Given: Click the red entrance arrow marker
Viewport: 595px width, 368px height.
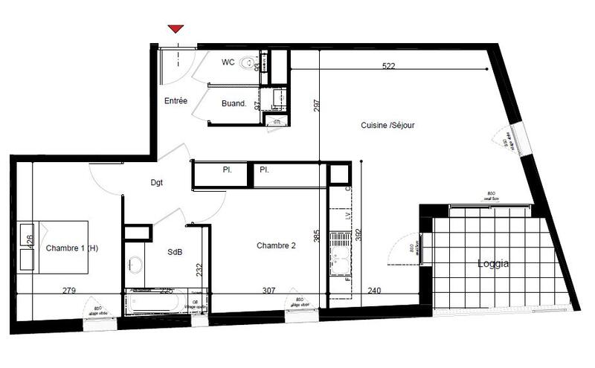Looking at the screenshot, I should click(176, 29).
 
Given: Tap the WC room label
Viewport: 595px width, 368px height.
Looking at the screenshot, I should click(228, 62).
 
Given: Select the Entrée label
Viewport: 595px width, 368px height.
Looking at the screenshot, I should click(176, 101).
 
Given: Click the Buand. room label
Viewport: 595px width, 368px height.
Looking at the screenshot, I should click(234, 104).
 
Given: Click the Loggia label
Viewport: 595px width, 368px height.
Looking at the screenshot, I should click(493, 263).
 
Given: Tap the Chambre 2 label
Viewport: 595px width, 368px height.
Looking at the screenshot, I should click(277, 245).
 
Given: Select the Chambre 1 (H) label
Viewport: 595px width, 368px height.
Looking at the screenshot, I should click(71, 248).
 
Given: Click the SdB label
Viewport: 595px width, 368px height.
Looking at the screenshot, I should click(174, 253).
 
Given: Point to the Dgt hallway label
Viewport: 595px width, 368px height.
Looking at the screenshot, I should click(156, 182).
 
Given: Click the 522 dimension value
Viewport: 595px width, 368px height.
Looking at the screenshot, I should click(388, 66).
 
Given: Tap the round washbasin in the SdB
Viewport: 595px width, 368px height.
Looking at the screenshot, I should click(135, 265).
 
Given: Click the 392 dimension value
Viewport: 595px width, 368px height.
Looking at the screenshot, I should click(359, 236).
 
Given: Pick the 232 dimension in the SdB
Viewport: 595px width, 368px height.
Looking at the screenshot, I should click(199, 269).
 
